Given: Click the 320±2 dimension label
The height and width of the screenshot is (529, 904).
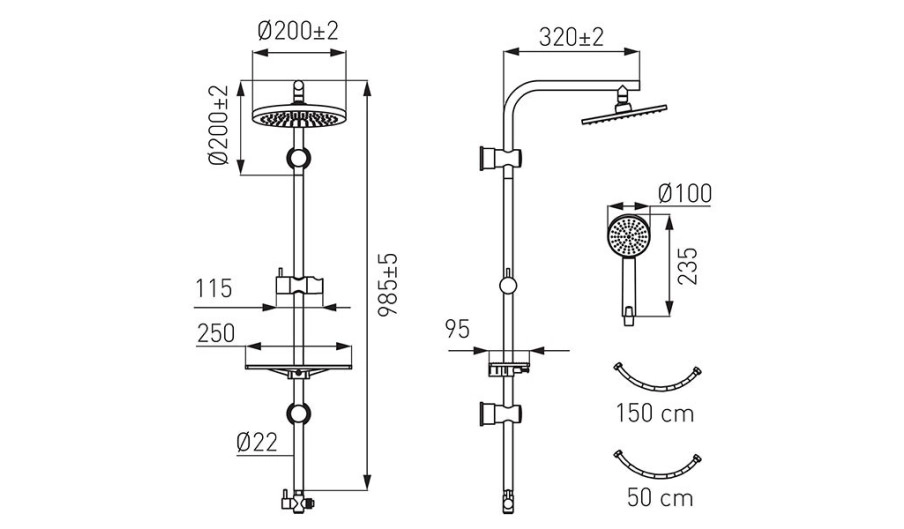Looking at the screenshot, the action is (x=571, y=37).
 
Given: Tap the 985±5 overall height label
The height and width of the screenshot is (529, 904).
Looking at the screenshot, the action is (x=388, y=284).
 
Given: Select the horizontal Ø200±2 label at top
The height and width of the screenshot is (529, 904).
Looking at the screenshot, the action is (x=298, y=31).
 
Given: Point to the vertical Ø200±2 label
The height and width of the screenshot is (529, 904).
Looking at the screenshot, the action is (x=220, y=125).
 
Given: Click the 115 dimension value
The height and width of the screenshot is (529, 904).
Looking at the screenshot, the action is (x=214, y=289).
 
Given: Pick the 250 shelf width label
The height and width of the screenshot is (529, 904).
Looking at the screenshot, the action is (x=216, y=333).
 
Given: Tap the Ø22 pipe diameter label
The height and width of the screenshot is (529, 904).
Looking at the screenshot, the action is (x=257, y=442).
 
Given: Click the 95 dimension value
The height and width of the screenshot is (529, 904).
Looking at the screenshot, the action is (x=457, y=328).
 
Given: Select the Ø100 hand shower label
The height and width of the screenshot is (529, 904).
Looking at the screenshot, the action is (x=685, y=194).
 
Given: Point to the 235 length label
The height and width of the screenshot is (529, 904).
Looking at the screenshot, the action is (x=687, y=266).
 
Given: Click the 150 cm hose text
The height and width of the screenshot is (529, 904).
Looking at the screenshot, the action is (x=655, y=413).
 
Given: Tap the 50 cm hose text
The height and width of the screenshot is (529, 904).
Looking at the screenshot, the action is (x=660, y=498).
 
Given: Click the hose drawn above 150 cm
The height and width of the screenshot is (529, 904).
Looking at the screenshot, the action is (x=657, y=378).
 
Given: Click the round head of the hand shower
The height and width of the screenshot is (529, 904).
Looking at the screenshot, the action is (x=629, y=237).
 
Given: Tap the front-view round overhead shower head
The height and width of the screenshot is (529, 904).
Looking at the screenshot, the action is (x=298, y=116).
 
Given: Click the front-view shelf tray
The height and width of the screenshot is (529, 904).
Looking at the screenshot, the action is (x=298, y=369).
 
